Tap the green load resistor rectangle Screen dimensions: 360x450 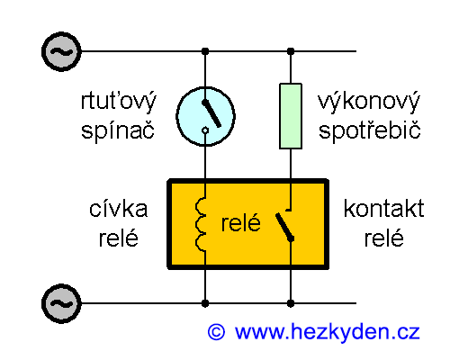[290, 115]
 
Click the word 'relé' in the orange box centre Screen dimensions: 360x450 [240, 224]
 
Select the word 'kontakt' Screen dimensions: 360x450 [383, 210]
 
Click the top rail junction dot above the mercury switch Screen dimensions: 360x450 [206, 51]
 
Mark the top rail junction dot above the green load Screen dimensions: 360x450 [290, 51]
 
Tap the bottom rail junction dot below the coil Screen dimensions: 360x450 [206, 303]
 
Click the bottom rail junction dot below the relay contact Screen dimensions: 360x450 [290, 303]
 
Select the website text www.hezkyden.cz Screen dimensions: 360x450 [328, 332]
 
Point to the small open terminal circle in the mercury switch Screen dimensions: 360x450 [206, 132]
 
